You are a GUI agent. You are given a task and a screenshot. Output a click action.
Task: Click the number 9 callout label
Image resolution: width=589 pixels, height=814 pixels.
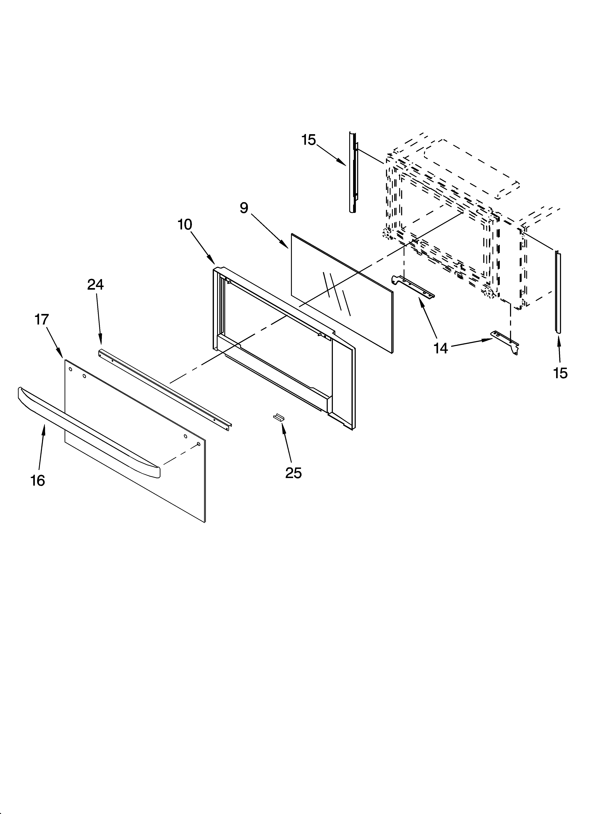[244, 208]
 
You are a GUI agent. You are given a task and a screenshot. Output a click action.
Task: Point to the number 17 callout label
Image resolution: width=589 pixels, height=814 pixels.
[42, 319]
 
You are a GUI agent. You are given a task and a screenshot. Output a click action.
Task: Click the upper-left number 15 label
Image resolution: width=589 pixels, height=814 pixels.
[309, 140]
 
